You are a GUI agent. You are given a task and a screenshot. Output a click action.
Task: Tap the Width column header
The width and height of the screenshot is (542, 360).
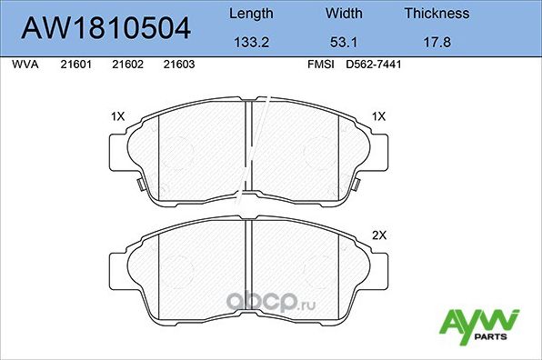pos(343,14)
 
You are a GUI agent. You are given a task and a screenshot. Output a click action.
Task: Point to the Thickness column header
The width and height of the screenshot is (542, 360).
pos(437,14)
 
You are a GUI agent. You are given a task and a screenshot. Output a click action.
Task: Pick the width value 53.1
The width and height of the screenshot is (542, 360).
pos(343,42)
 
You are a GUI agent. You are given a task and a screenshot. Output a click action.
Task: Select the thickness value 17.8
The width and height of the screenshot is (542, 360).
pos(437,42)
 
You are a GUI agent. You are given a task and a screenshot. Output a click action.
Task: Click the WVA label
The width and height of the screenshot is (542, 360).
pos(25,65)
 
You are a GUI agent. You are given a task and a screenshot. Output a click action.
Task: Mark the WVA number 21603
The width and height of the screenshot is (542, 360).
pos(177,65)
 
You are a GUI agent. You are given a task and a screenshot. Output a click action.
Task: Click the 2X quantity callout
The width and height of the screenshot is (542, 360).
pos(379,235)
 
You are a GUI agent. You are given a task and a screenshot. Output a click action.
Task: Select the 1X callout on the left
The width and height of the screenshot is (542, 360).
pos(117,116)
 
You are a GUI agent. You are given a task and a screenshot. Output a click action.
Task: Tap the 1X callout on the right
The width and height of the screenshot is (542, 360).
pos(379,116)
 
